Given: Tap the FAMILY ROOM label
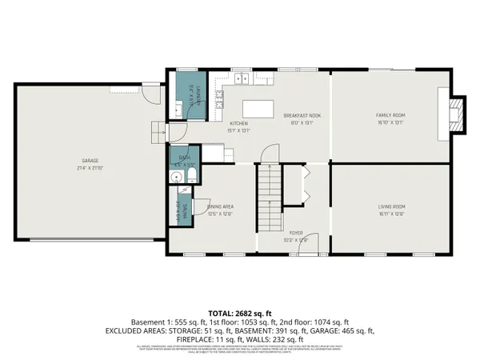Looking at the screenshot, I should (390, 115).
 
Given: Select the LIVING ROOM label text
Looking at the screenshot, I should (391, 207).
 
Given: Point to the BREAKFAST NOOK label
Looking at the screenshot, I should (298, 115).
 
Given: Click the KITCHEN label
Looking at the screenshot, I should (239, 123).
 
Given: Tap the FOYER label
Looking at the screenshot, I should (297, 233).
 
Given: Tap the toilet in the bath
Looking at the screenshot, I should (192, 175).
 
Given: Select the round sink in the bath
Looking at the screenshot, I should (175, 178).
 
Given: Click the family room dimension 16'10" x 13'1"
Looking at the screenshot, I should (390, 122).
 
